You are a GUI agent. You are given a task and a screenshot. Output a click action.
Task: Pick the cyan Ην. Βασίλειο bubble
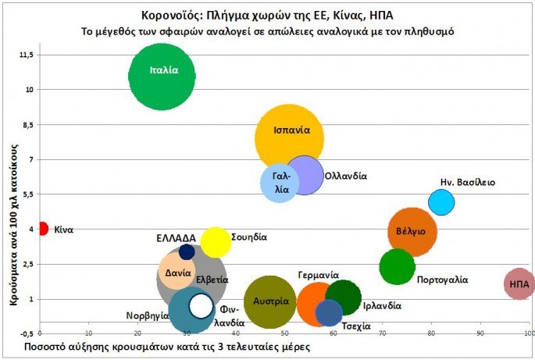[x=441, y=202]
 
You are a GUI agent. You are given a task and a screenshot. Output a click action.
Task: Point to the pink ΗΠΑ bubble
[x=519, y=284]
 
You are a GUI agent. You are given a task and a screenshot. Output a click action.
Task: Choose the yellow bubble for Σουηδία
[x=216, y=242]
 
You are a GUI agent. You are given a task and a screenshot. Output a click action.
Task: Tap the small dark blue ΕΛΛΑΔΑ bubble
[x=187, y=251]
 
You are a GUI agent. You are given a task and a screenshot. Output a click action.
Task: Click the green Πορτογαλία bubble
[x=397, y=267]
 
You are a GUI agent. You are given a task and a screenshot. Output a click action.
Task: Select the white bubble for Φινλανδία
[x=202, y=306]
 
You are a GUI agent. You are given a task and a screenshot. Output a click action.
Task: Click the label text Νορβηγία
[x=148, y=316]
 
